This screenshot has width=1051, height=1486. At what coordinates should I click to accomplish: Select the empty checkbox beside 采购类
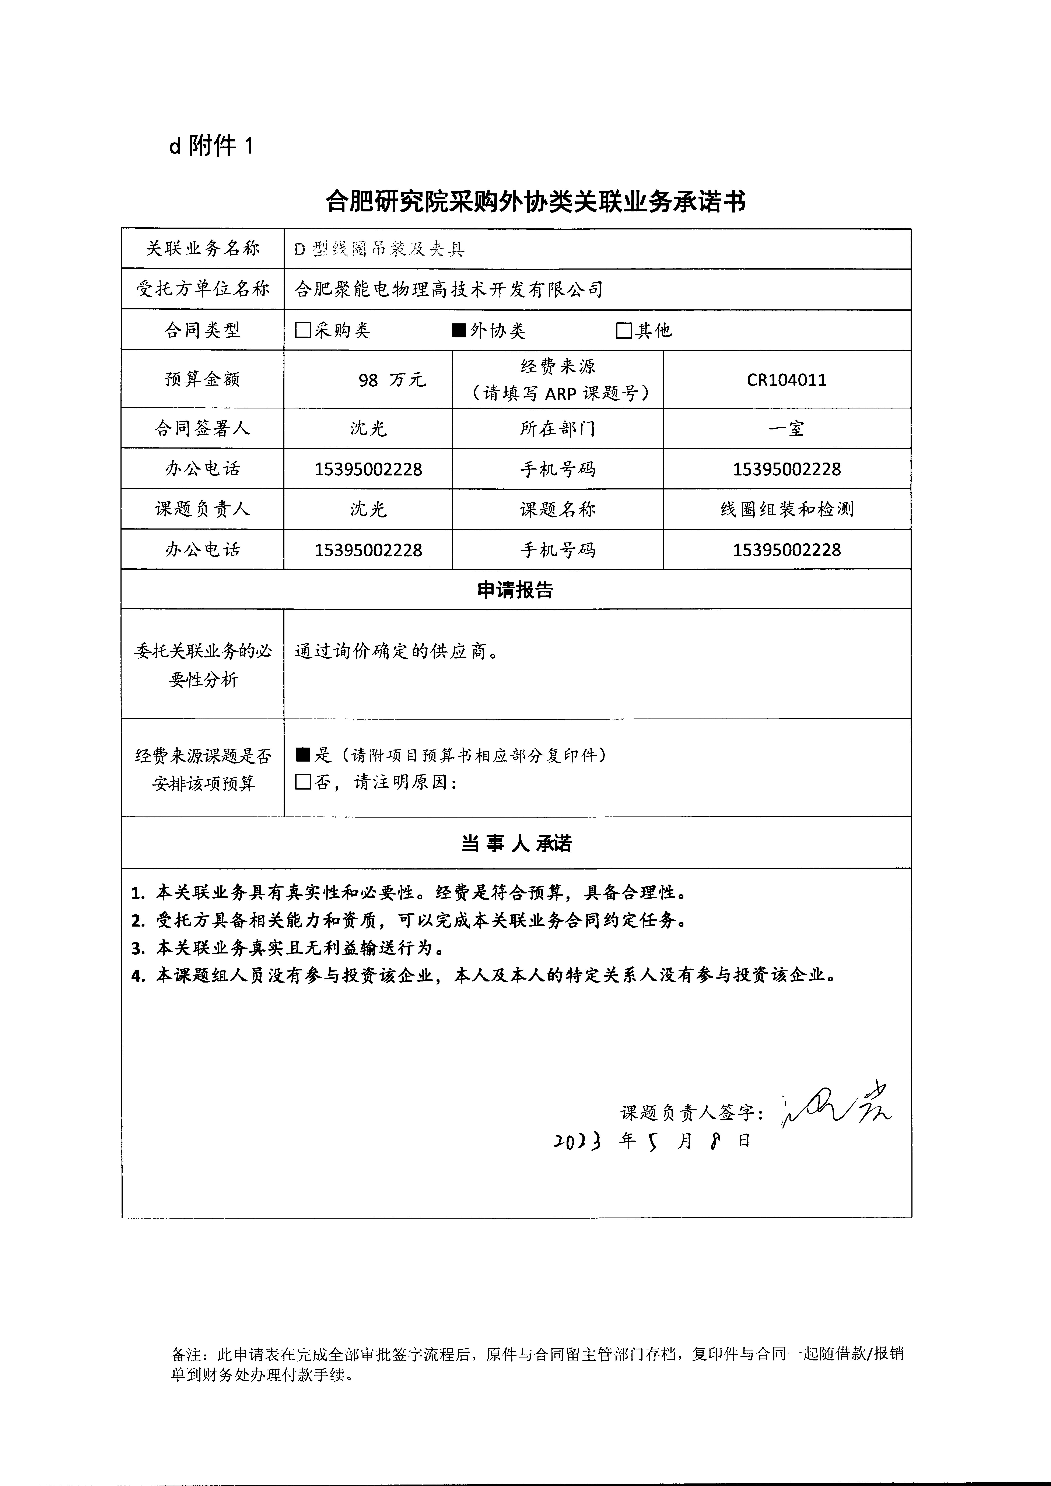(302, 331)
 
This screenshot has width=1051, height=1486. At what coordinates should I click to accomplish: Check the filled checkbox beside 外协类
(458, 331)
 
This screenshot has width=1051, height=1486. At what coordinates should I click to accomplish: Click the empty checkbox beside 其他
(623, 331)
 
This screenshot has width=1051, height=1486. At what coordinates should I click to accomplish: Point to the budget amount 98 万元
(392, 380)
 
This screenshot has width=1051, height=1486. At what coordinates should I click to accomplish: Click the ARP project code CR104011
(786, 380)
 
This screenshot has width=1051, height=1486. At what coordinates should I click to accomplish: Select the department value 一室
(786, 428)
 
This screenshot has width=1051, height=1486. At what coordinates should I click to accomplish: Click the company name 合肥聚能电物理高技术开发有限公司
(448, 289)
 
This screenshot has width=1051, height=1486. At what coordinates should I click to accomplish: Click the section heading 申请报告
(515, 590)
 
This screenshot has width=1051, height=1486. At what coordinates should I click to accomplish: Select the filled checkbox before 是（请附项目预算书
(303, 755)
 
